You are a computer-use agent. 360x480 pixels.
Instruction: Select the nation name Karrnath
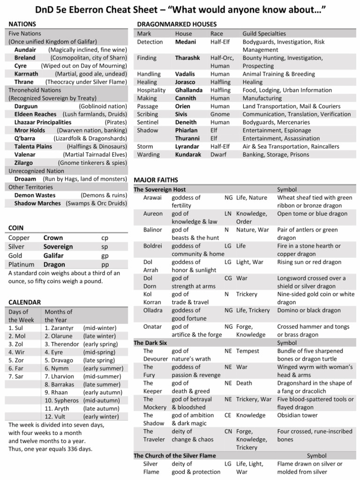pyautogui.click(x=26, y=74)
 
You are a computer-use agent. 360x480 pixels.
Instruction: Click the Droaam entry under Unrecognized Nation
pyautogui.click(x=25, y=179)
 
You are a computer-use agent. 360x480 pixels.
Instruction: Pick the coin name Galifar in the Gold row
pyautogui.click(x=54, y=255)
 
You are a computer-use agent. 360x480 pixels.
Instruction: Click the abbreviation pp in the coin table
pyautogui.click(x=105, y=264)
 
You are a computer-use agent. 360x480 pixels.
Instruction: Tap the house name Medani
pyautogui.click(x=186, y=42)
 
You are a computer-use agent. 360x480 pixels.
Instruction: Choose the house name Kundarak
pyautogui.click(x=188, y=154)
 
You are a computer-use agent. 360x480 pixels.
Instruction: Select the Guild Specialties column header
pyautogui.click(x=264, y=34)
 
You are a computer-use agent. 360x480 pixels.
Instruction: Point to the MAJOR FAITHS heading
pyautogui.click(x=156, y=180)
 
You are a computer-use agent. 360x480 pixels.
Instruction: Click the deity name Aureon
pyautogui.click(x=153, y=214)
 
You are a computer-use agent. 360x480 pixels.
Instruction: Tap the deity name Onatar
pyautogui.click(x=153, y=326)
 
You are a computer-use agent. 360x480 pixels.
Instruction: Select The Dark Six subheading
pyautogui.click(x=150, y=343)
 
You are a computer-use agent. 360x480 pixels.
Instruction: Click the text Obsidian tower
pyautogui.click(x=297, y=415)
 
